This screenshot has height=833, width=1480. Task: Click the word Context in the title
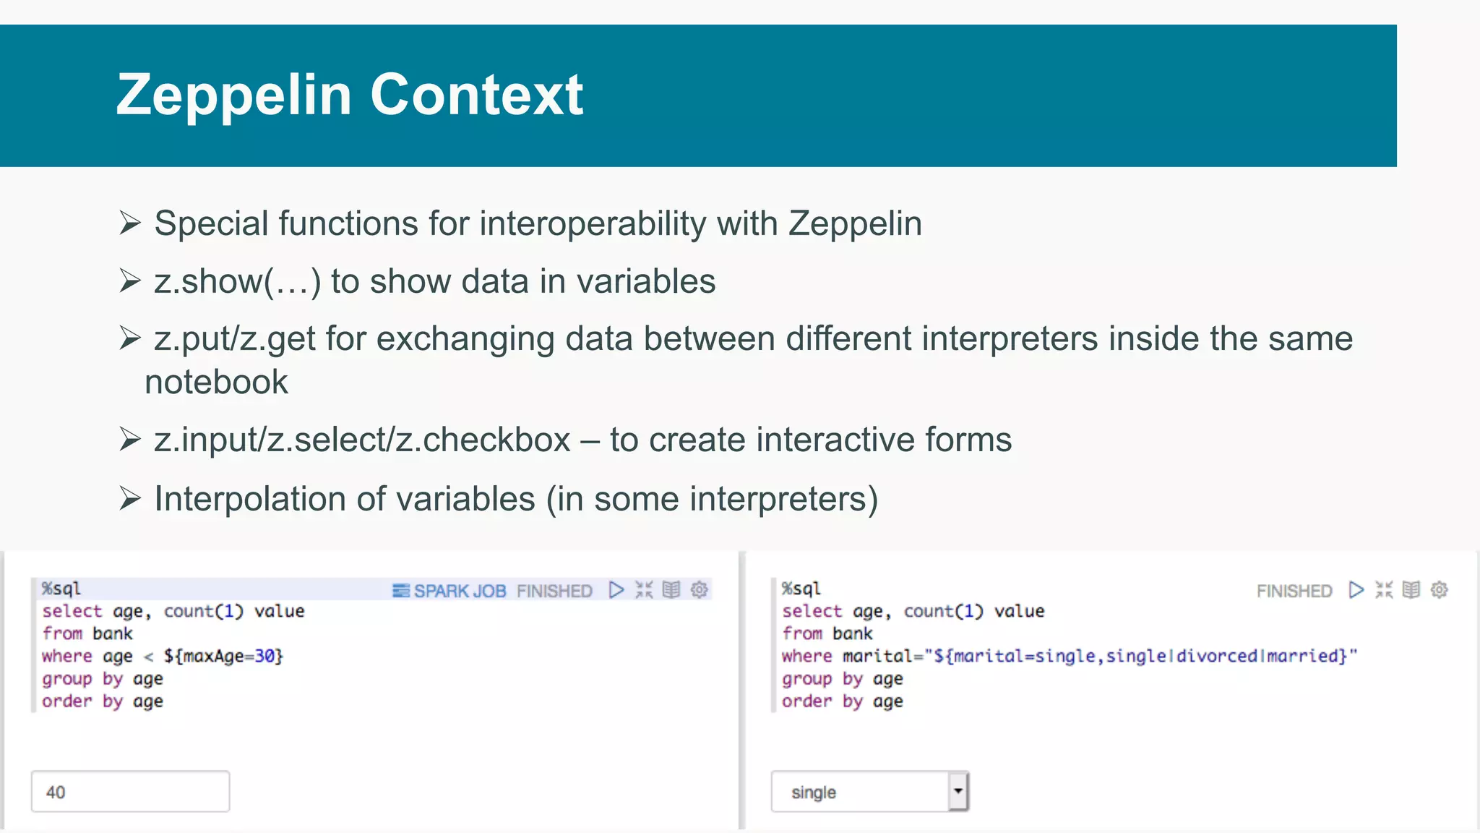(476, 95)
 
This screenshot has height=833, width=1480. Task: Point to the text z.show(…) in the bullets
(237, 281)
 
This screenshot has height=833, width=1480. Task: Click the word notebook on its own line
(216, 382)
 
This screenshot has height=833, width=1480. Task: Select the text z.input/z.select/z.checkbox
(361, 440)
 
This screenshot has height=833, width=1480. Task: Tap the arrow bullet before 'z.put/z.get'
(130, 338)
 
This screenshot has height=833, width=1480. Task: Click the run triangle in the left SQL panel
(616, 590)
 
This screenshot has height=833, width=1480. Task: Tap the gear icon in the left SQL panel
(699, 590)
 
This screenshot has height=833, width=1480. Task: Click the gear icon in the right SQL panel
(1439, 590)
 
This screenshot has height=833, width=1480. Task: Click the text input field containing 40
(130, 792)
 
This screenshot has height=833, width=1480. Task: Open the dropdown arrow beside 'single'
(958, 791)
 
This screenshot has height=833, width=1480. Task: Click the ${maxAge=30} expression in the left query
(223, 656)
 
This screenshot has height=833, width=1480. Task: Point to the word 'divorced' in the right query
(1217, 656)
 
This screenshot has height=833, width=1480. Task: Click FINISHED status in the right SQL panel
(1294, 591)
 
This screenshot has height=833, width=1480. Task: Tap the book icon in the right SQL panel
(1411, 590)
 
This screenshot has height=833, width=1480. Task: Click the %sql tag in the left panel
(61, 589)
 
